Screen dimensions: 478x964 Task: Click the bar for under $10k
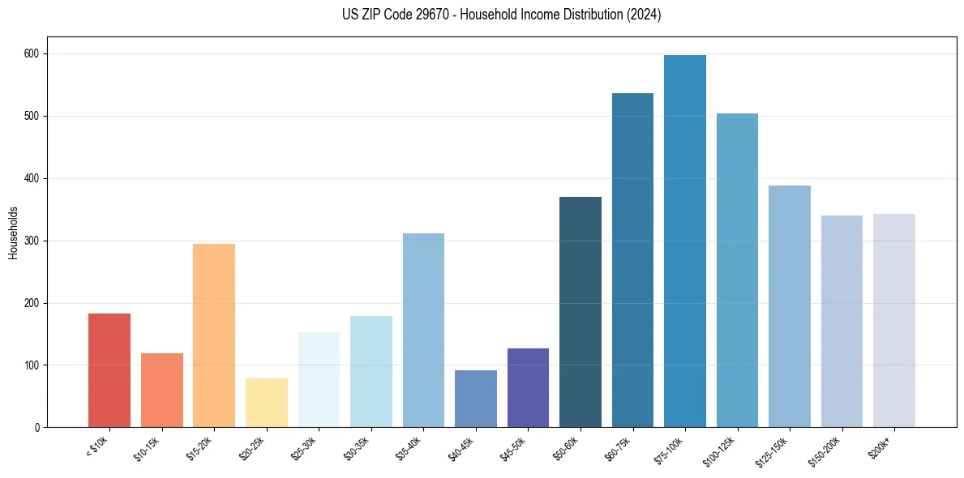coord(109,370)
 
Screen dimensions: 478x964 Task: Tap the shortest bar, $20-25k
coord(267,403)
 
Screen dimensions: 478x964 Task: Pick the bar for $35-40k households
coord(423,331)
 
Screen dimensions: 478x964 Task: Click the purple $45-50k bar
coord(528,387)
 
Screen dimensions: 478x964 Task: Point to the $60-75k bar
coord(632,260)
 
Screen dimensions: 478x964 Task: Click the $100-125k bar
coord(737,271)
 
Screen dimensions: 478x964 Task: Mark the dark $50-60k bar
coord(581,312)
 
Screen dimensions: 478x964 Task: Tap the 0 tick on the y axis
coord(37,427)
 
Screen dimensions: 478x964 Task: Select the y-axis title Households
coord(13,233)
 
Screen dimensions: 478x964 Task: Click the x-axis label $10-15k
coord(148,447)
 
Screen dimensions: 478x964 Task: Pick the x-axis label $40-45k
coord(461,447)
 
